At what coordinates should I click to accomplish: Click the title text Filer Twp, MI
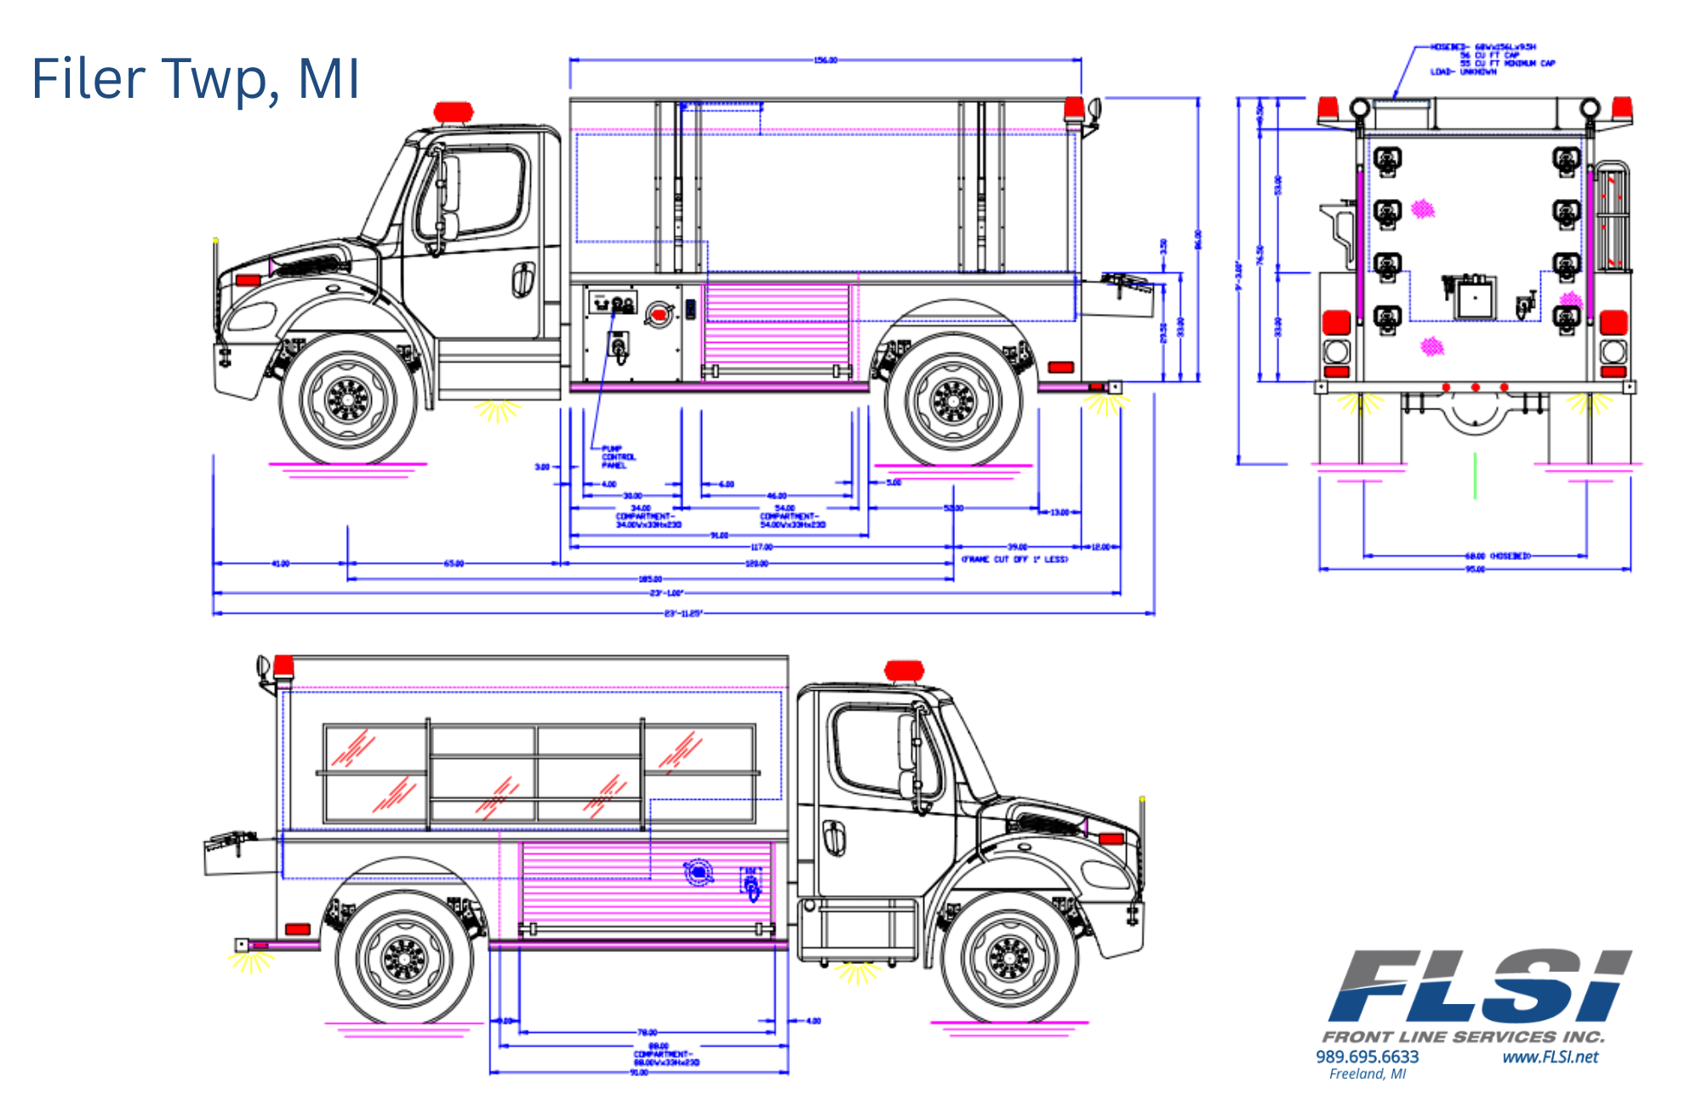[x=196, y=78]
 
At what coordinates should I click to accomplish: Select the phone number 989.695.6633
[x=1367, y=1057]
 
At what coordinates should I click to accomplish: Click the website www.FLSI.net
[x=1550, y=1057]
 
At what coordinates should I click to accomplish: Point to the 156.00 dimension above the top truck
[x=825, y=60]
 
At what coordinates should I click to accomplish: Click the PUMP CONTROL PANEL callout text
[x=618, y=457]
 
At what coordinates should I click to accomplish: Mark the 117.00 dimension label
[x=761, y=547]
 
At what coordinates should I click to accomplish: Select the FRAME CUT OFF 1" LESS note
[x=1014, y=559]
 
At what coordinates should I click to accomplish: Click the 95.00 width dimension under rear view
[x=1475, y=569]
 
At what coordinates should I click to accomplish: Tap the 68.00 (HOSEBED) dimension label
[x=1497, y=556]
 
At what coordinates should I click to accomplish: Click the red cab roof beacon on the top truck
[x=453, y=112]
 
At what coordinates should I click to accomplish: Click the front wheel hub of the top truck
[x=347, y=398]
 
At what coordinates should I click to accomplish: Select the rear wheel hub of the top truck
[x=953, y=399]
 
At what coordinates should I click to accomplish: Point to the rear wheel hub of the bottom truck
[x=404, y=958]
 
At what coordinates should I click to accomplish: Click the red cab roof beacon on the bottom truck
[x=904, y=670]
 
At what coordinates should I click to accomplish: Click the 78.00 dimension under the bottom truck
[x=647, y=1032]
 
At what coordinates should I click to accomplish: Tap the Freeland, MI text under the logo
[x=1367, y=1074]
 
